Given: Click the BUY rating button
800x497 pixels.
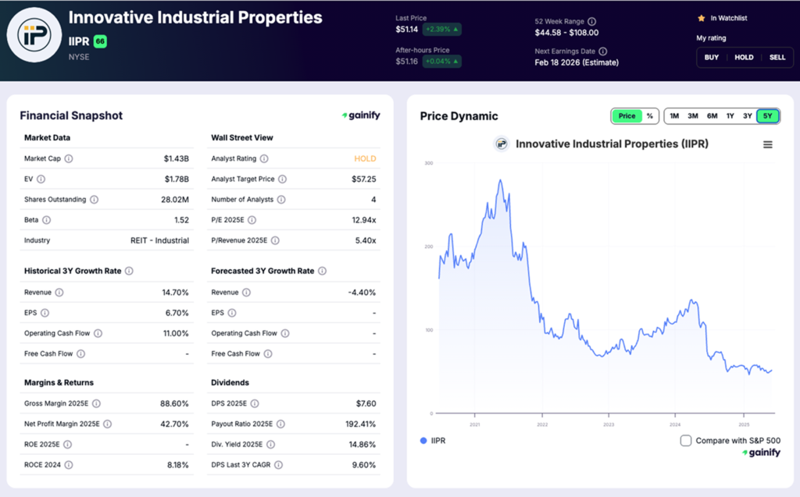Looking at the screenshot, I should [712, 57].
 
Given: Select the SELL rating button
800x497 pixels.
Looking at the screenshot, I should [777, 57].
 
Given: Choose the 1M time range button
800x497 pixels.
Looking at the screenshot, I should [673, 116].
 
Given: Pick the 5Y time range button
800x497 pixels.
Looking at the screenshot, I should [767, 116].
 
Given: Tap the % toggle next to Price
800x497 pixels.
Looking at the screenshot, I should [649, 116].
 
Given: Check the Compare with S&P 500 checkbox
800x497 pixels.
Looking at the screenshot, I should [686, 441].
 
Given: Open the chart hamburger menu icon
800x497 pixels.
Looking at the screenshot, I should [767, 144].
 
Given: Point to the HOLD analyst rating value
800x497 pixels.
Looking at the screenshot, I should [365, 158].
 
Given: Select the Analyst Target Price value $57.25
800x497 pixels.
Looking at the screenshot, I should [364, 179].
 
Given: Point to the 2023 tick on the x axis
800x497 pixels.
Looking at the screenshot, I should [609, 424].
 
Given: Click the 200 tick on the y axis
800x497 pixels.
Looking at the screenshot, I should [428, 247].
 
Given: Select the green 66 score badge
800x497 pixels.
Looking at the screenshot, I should [100, 41].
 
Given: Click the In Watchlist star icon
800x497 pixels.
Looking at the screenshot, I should [701, 18].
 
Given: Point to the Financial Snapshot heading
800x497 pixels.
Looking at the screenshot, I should [71, 115].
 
